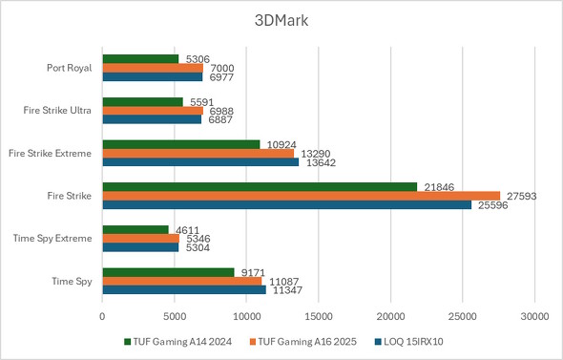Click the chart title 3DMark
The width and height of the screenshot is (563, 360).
pyautogui.click(x=281, y=20)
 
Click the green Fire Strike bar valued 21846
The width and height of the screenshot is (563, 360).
pyautogui.click(x=260, y=186)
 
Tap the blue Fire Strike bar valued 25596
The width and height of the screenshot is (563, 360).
pyautogui.click(x=286, y=204)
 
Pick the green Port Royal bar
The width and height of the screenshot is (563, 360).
pyautogui.click(x=140, y=59)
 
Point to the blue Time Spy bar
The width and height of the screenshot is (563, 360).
pyautogui.click(x=184, y=289)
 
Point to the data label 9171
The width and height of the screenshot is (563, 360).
pyautogui.click(x=253, y=272)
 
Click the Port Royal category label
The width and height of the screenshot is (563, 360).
pyautogui.click(x=69, y=68)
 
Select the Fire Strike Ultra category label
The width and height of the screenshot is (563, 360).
pyautogui.click(x=57, y=111)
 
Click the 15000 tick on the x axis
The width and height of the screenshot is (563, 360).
pyautogui.click(x=319, y=312)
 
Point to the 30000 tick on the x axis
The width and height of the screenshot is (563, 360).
pyautogui.click(x=534, y=312)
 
